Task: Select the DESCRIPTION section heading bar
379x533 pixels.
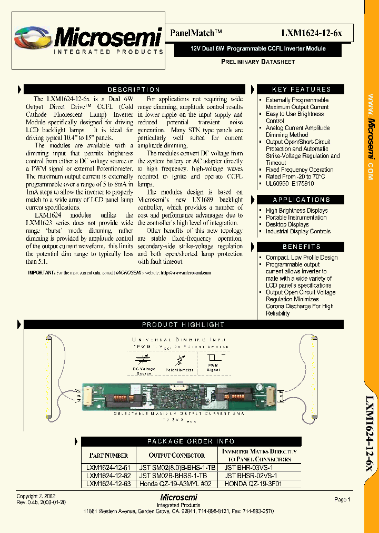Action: [134, 90]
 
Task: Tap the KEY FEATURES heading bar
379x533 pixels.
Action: [301, 90]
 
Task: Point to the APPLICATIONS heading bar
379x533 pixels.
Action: [301, 200]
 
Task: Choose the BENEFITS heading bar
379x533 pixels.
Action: [301, 246]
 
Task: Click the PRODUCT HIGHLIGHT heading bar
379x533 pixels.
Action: [183, 325]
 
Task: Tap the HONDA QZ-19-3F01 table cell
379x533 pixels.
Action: [253, 483]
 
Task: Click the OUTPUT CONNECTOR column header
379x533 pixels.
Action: [176, 455]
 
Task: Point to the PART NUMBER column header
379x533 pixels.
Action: [108, 455]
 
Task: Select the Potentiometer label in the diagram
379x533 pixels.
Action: [179, 370]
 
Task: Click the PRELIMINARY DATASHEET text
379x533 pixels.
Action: [257, 62]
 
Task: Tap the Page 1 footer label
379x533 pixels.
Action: [342, 499]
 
